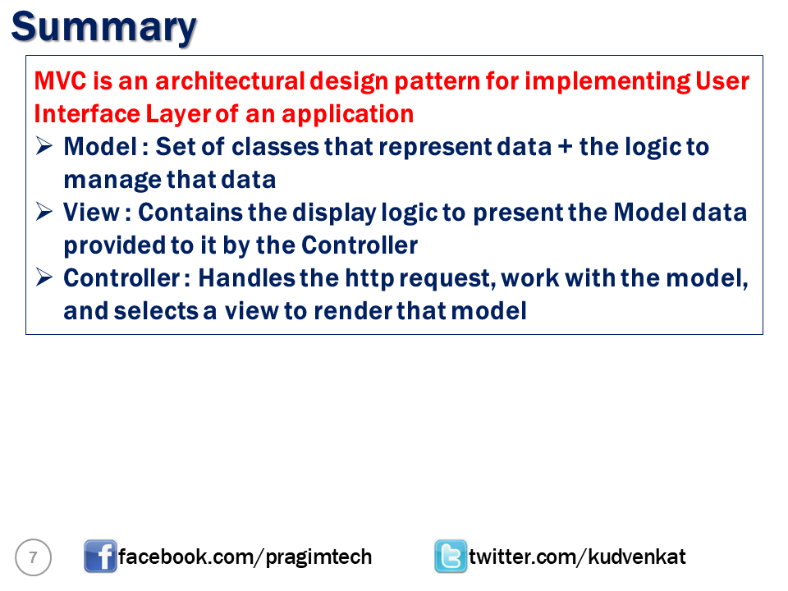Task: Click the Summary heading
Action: pyautogui.click(x=104, y=28)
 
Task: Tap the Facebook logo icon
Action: pyautogui.click(x=100, y=557)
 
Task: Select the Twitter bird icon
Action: pyautogui.click(x=451, y=557)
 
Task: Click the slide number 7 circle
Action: pyautogui.click(x=33, y=557)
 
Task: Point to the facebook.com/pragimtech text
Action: pyautogui.click(x=245, y=557)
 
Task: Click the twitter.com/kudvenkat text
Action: pyautogui.click(x=577, y=557)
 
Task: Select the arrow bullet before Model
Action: pyautogui.click(x=44, y=146)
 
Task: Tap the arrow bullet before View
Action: pyautogui.click(x=44, y=212)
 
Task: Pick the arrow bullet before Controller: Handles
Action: pyautogui.click(x=44, y=277)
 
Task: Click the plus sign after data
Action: pyautogui.click(x=566, y=147)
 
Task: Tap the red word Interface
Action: pyautogui.click(x=86, y=113)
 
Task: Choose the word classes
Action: pyautogui.click(x=275, y=147)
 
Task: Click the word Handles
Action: pyautogui.click(x=247, y=278)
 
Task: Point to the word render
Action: pyautogui.click(x=354, y=311)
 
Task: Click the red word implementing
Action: pyautogui.click(x=607, y=82)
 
